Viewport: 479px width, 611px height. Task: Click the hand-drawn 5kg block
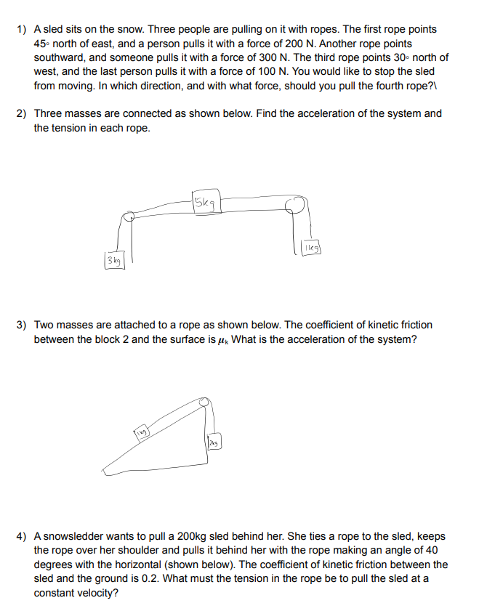pyautogui.click(x=205, y=203)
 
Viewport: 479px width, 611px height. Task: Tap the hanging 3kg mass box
pyautogui.click(x=114, y=259)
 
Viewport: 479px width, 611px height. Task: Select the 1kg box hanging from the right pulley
pyautogui.click(x=310, y=249)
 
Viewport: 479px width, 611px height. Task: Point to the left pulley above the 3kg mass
pyautogui.click(x=129, y=215)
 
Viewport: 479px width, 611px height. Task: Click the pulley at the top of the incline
pyautogui.click(x=206, y=402)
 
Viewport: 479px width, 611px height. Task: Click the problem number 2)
pyautogui.click(x=22, y=113)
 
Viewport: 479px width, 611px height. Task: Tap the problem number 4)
pyautogui.click(x=22, y=536)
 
